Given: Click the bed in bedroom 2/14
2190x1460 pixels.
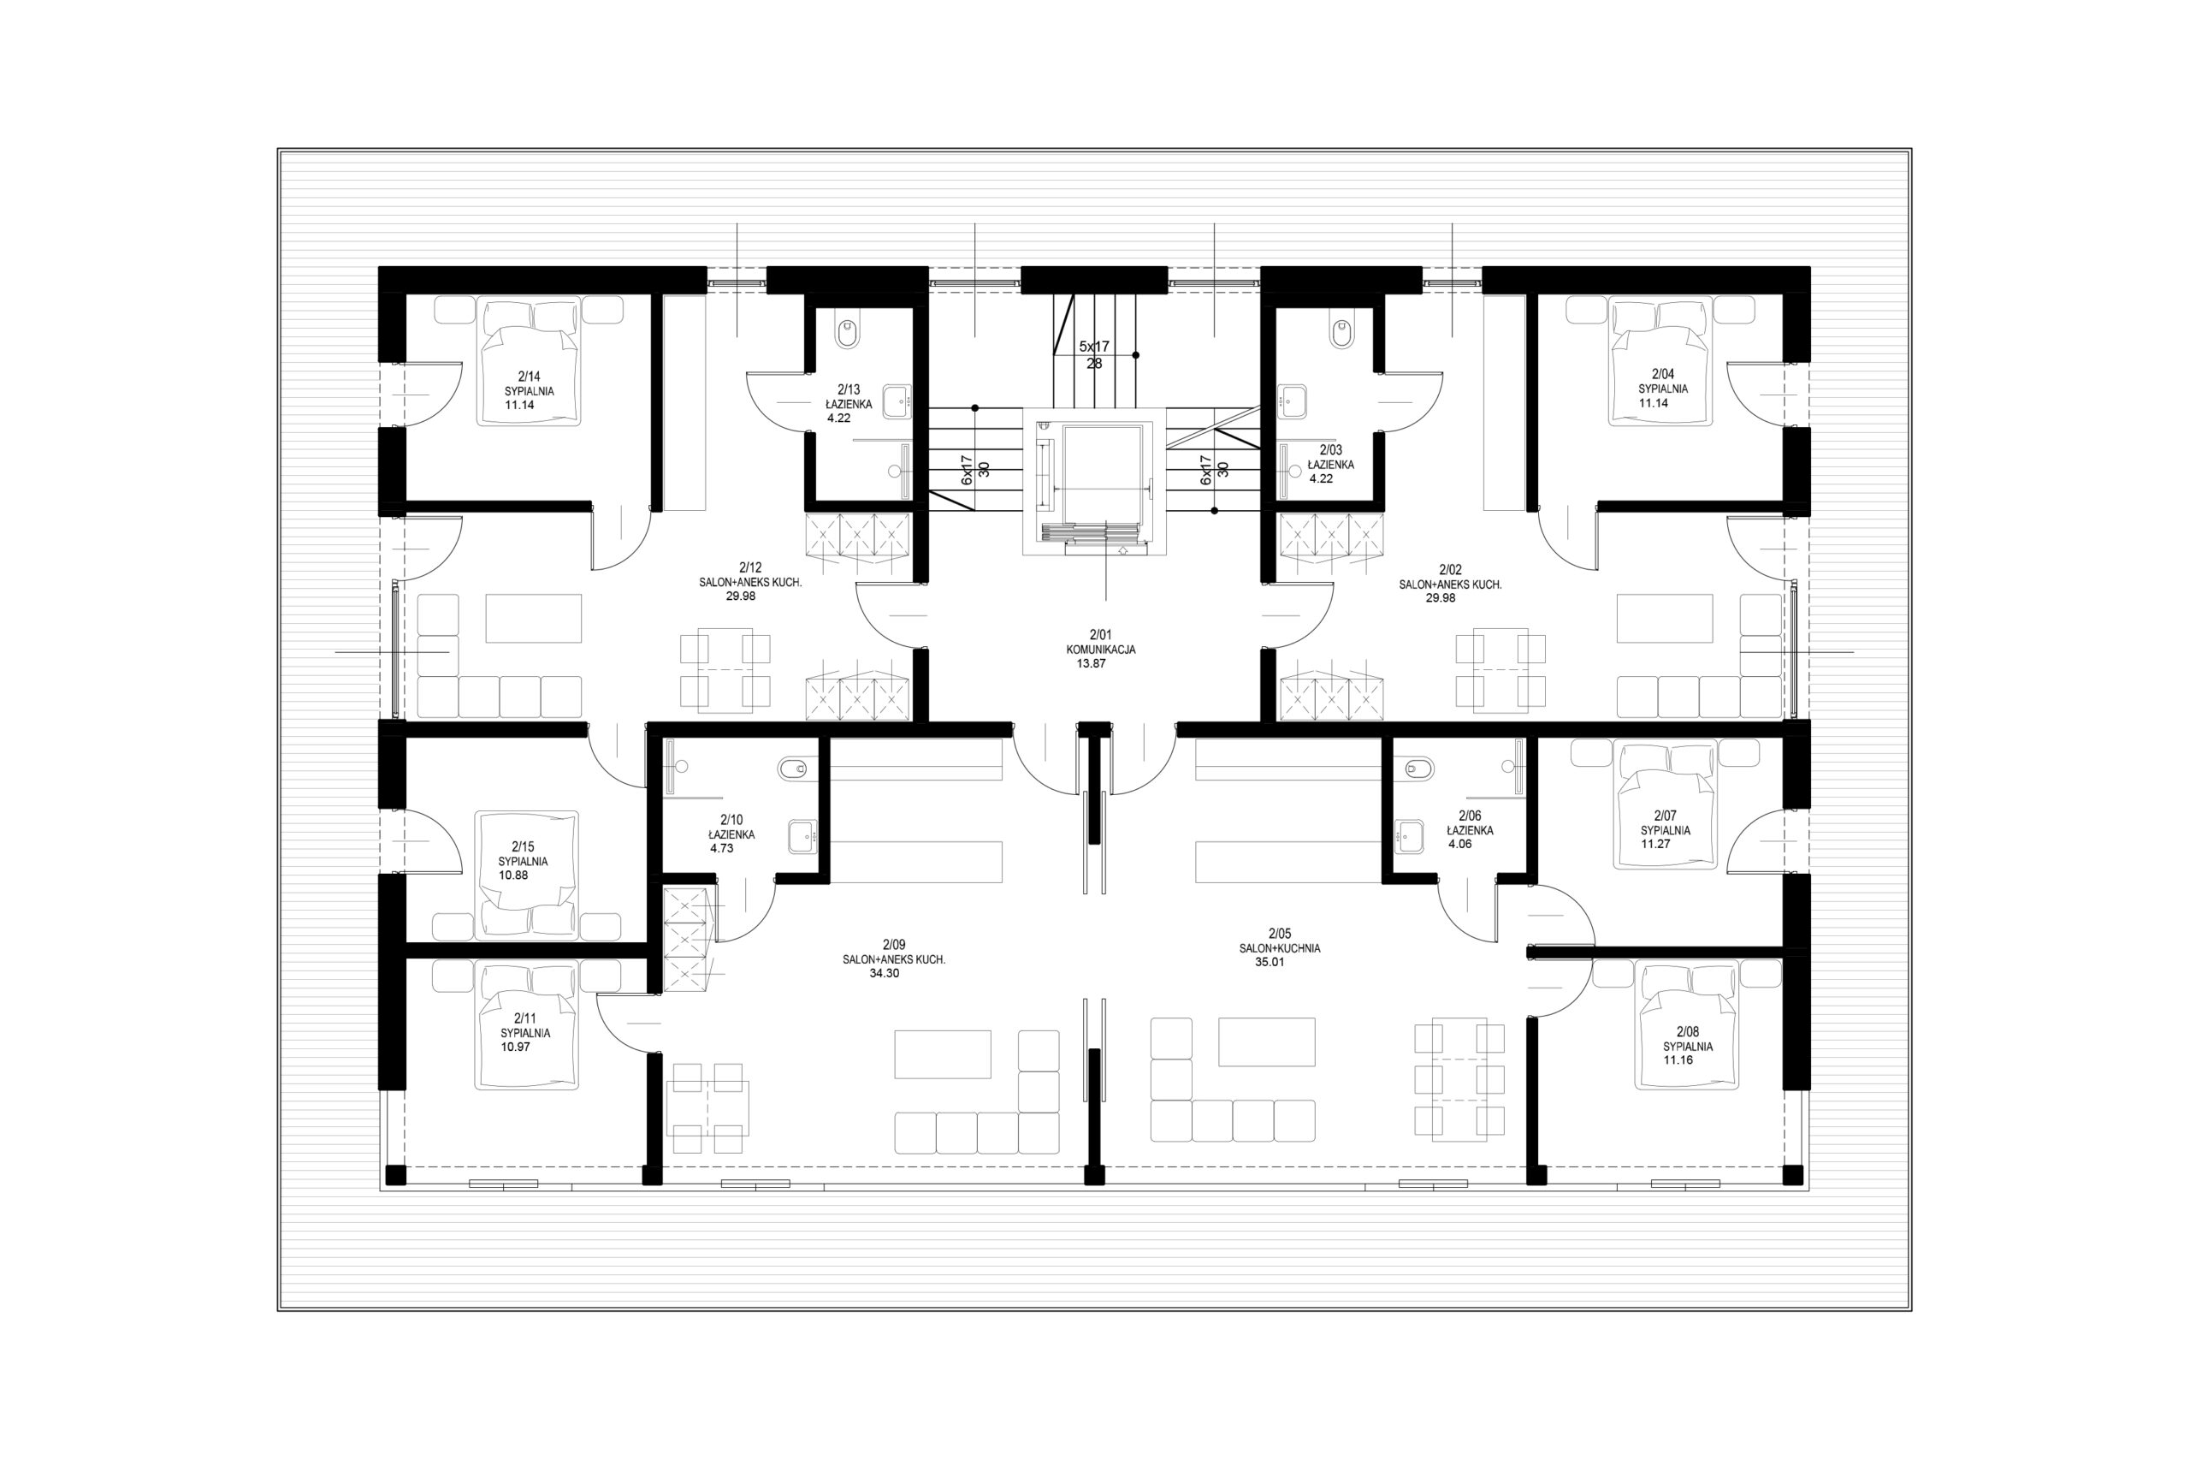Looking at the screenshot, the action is click(x=529, y=361).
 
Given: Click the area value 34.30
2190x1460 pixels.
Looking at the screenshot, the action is click(x=885, y=973).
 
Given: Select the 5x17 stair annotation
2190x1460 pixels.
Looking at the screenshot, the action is click(x=1094, y=347).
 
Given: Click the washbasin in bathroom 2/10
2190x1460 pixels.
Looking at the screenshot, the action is click(x=803, y=836).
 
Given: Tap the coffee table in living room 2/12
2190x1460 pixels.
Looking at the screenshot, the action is click(x=533, y=618).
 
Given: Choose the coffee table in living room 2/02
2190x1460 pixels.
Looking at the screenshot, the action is click(x=1664, y=618).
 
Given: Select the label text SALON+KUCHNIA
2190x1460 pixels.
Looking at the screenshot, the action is click(x=1280, y=949).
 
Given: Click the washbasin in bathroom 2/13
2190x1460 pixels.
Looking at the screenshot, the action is click(x=897, y=401).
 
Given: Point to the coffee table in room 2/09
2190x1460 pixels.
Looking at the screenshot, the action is click(x=943, y=1054).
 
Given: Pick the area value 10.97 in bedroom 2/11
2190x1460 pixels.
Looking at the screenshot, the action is click(x=516, y=1047).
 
